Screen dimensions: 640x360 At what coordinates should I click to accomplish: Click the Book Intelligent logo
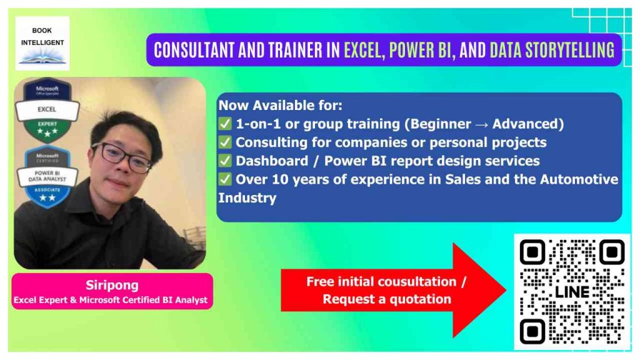(x=42, y=43)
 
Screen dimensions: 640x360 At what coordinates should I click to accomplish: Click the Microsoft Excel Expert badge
(x=47, y=109)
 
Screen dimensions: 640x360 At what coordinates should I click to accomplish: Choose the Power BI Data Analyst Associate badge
(x=47, y=177)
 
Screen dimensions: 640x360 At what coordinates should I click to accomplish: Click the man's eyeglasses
(x=122, y=157)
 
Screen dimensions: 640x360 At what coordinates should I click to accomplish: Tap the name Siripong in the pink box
(x=112, y=285)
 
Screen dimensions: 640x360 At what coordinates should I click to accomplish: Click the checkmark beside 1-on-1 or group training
(x=225, y=124)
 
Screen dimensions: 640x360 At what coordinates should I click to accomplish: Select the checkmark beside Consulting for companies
(x=225, y=142)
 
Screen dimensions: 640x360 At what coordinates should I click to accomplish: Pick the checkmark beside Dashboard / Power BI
(x=225, y=161)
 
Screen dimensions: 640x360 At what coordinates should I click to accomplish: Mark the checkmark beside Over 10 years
(x=225, y=179)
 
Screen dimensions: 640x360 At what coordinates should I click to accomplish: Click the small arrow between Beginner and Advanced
(x=482, y=124)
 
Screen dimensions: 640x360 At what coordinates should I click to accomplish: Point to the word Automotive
(x=579, y=179)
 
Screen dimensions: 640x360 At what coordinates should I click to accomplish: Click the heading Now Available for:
(x=281, y=105)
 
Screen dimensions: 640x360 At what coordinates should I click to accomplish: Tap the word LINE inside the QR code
(x=572, y=292)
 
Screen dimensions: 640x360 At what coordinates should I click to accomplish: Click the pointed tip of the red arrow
(x=506, y=290)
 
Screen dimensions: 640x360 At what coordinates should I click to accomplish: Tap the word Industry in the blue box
(x=247, y=198)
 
